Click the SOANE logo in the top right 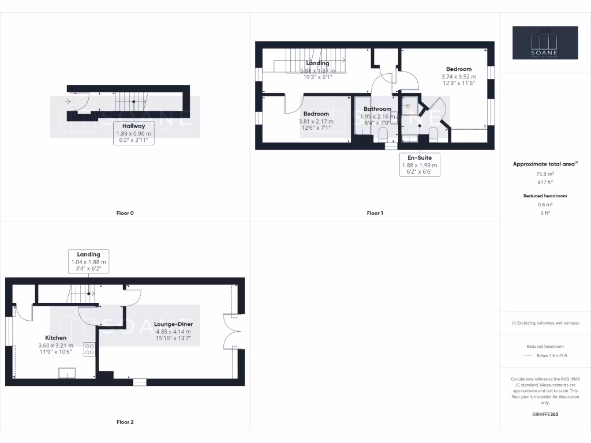(x=545, y=43)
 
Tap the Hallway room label (x=133, y=126)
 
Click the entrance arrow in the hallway (x=69, y=102)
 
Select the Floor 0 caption (x=125, y=213)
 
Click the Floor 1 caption (x=375, y=213)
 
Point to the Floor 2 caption (x=125, y=422)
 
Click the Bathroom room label (x=377, y=108)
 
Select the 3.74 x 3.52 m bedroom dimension (x=459, y=77)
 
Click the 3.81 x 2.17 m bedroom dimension (x=316, y=122)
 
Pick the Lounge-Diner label (x=173, y=324)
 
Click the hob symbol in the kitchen (x=89, y=349)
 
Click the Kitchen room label (x=56, y=337)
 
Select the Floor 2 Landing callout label (x=88, y=254)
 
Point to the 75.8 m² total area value (x=545, y=172)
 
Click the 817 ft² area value (x=545, y=182)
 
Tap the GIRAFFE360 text (x=545, y=414)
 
